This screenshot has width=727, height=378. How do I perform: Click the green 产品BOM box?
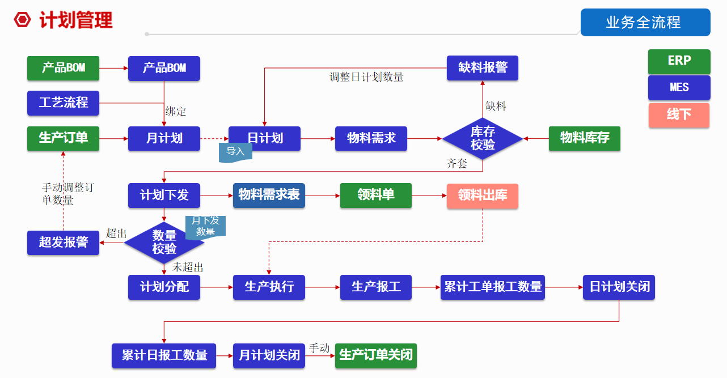[x=63, y=68]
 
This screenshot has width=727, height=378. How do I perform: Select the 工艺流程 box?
[x=63, y=103]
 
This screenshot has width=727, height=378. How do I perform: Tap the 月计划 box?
[x=164, y=138]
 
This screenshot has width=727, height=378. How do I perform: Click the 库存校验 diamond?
[x=483, y=138]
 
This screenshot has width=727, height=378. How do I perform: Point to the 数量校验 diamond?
[x=164, y=243]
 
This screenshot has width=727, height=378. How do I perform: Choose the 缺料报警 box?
[x=483, y=68]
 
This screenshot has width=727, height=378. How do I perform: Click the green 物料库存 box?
[x=584, y=138]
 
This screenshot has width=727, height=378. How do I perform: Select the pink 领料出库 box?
[x=483, y=196]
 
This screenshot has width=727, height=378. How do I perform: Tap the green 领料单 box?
[x=375, y=196]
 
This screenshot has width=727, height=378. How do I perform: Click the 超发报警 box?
[x=63, y=243]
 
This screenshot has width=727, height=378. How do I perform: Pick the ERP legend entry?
[x=679, y=61]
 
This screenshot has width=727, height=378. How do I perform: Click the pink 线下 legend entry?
[x=679, y=115]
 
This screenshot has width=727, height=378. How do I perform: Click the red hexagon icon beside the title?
[x=22, y=20]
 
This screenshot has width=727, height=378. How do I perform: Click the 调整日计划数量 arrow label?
[x=366, y=78]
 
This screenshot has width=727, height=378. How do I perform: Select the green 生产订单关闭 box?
[x=375, y=356]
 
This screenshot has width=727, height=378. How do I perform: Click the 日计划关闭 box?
[x=619, y=287]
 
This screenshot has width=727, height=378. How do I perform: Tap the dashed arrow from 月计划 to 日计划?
[x=214, y=138]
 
